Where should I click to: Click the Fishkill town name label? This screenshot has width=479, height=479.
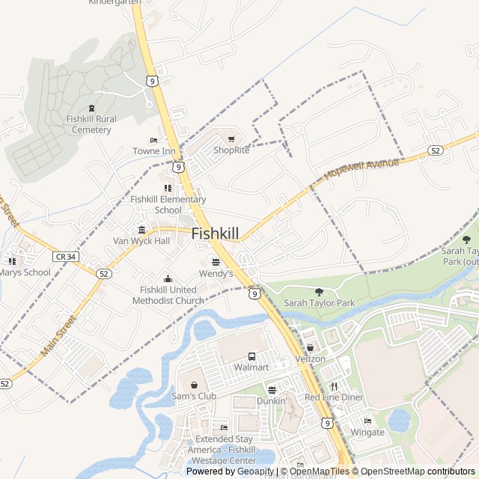(216, 234)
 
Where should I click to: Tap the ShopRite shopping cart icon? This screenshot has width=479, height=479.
(231, 138)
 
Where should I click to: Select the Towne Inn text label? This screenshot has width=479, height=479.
(153, 151)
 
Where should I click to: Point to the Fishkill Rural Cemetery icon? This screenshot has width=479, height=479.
(91, 109)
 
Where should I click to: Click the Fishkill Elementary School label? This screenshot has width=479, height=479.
(168, 204)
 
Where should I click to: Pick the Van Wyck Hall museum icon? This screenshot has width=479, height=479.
(141, 229)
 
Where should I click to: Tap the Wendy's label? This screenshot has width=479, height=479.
(216, 274)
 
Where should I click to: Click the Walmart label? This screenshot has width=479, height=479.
(251, 367)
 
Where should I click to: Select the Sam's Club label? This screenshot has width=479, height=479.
(194, 396)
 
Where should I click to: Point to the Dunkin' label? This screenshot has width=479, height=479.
(272, 401)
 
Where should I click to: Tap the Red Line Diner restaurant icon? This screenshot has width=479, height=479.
(334, 386)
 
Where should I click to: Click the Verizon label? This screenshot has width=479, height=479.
(310, 359)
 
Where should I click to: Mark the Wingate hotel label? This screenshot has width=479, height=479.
(367, 433)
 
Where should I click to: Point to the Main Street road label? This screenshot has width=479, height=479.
(59, 335)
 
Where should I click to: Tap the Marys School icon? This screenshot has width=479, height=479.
(12, 261)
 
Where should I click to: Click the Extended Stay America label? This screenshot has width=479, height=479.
(225, 445)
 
